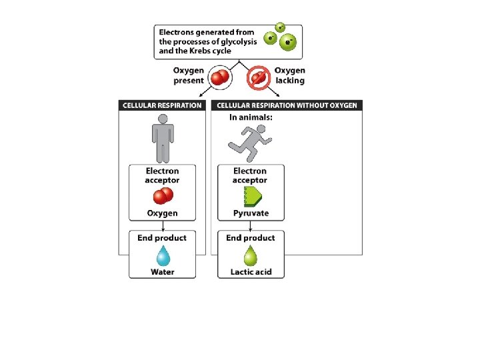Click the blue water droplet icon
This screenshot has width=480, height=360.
(x=163, y=256)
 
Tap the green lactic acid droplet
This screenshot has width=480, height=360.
(x=251, y=256)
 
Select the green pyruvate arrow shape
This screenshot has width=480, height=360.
(x=253, y=196)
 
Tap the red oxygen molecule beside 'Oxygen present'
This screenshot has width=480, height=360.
(x=220, y=77)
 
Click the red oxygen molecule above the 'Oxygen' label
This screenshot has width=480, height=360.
(x=163, y=196)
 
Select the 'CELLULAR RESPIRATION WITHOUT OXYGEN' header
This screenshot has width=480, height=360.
(x=287, y=105)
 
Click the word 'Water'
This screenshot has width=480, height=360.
(x=163, y=272)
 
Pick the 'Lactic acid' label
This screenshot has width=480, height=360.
(x=251, y=272)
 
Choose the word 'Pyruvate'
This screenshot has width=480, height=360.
(x=251, y=213)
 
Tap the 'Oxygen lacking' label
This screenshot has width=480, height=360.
(x=289, y=75)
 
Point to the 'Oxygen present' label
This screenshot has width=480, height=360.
(x=189, y=75)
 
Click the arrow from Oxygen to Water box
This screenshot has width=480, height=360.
(x=163, y=225)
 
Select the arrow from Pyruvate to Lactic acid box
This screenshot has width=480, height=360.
(x=251, y=225)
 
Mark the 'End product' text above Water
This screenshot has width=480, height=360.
(x=162, y=238)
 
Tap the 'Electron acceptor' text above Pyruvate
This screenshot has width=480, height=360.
(x=250, y=176)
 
